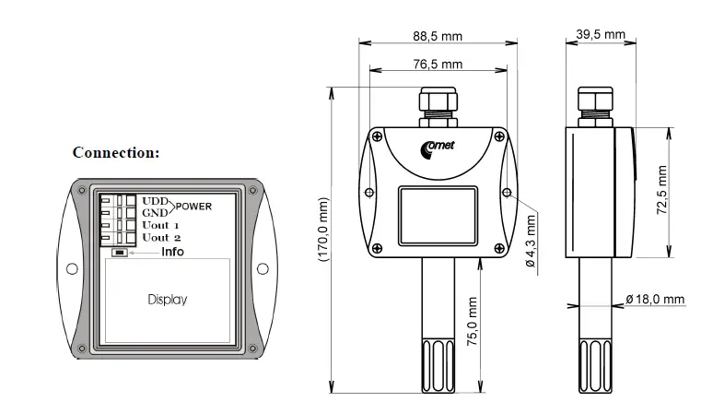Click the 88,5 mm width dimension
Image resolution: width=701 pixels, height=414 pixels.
[438, 36]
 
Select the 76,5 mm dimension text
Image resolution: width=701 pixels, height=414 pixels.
[438, 64]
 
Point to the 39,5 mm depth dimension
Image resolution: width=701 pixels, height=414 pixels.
[601, 34]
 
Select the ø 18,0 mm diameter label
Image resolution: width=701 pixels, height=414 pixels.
[655, 299]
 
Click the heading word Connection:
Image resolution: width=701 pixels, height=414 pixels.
[116, 152]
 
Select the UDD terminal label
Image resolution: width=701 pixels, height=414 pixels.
[155, 200]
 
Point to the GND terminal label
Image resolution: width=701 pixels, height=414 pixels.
[155, 212]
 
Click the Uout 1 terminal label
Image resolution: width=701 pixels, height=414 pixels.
[160, 225]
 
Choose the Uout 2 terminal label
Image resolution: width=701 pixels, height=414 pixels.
[160, 238]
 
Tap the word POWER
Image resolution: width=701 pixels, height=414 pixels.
[194, 206]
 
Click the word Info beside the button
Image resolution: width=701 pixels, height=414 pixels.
[172, 252]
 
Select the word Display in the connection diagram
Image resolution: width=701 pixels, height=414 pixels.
[168, 299]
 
